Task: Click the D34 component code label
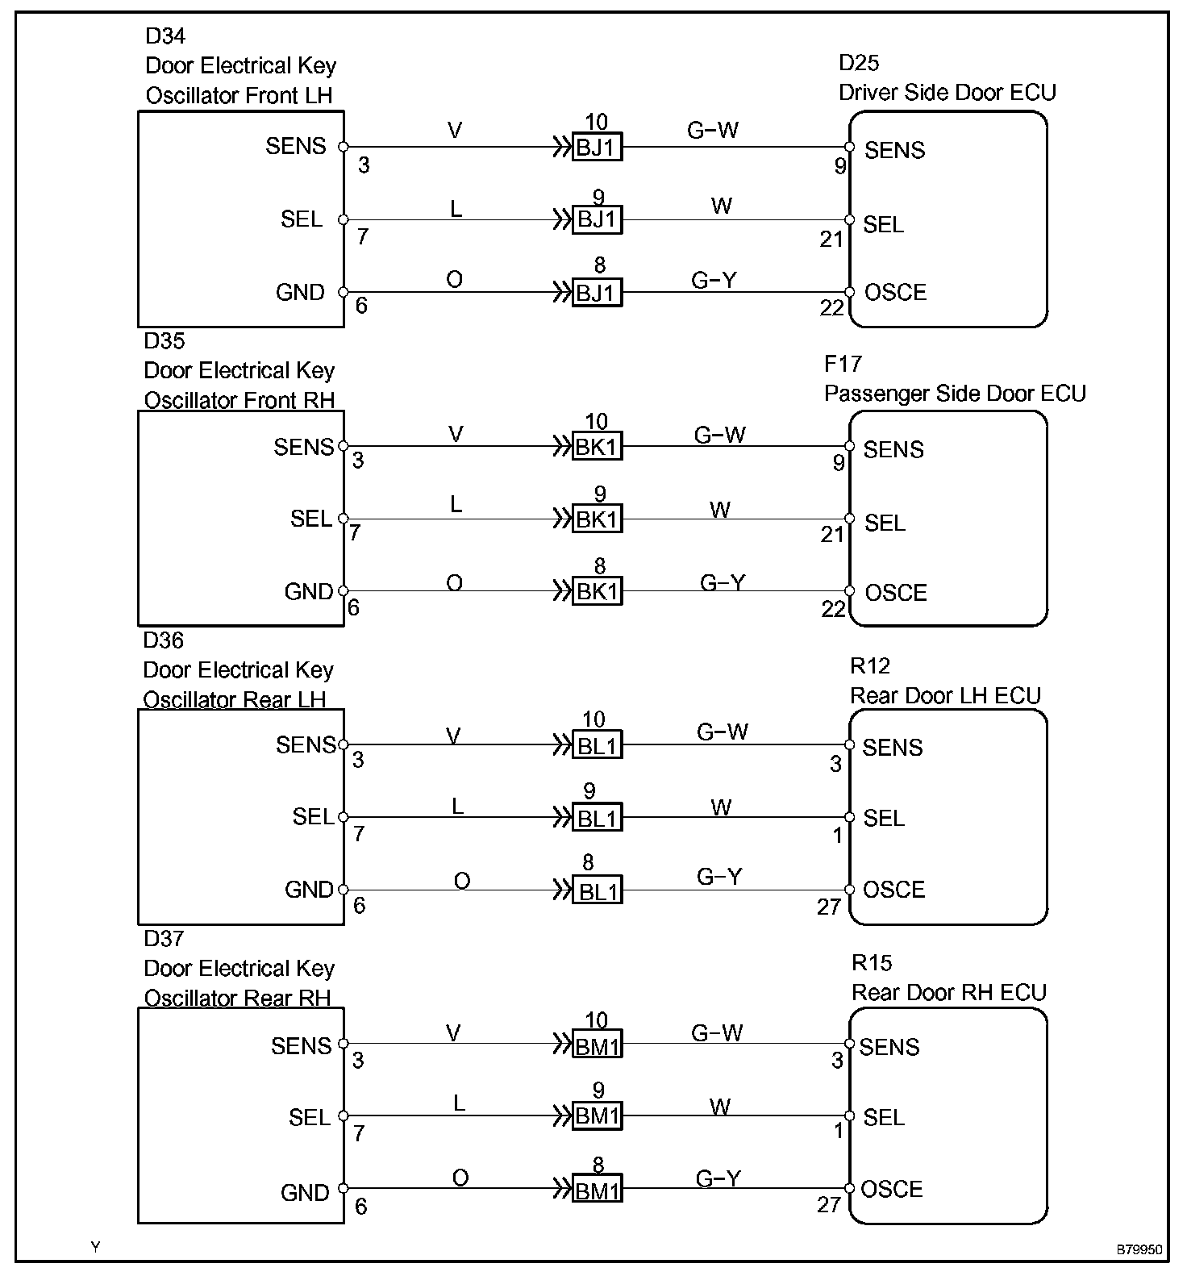pyautogui.click(x=165, y=35)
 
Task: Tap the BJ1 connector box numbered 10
pyautogui.click(x=597, y=148)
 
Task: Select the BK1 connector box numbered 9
pyautogui.click(x=597, y=519)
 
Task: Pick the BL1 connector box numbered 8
pyautogui.click(x=597, y=890)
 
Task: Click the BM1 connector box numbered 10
pyautogui.click(x=597, y=1046)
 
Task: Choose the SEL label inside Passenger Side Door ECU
pyautogui.click(x=885, y=523)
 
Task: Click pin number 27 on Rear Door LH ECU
pyautogui.click(x=829, y=907)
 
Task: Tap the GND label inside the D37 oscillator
pyautogui.click(x=305, y=1192)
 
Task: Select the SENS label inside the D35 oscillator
pyautogui.click(x=303, y=448)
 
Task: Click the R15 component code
pyautogui.click(x=872, y=963)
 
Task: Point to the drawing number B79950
pyautogui.click(x=1139, y=1250)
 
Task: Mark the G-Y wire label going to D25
pyautogui.click(x=714, y=280)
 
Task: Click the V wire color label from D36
pyautogui.click(x=454, y=736)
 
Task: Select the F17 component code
pyautogui.click(x=843, y=365)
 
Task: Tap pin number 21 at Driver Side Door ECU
pyautogui.click(x=831, y=239)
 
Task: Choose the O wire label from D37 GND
pyautogui.click(x=460, y=1178)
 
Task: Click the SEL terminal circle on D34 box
pyautogui.click(x=344, y=219)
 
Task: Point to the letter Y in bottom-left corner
pyautogui.click(x=95, y=1247)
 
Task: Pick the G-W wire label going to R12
pyautogui.click(x=723, y=732)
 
